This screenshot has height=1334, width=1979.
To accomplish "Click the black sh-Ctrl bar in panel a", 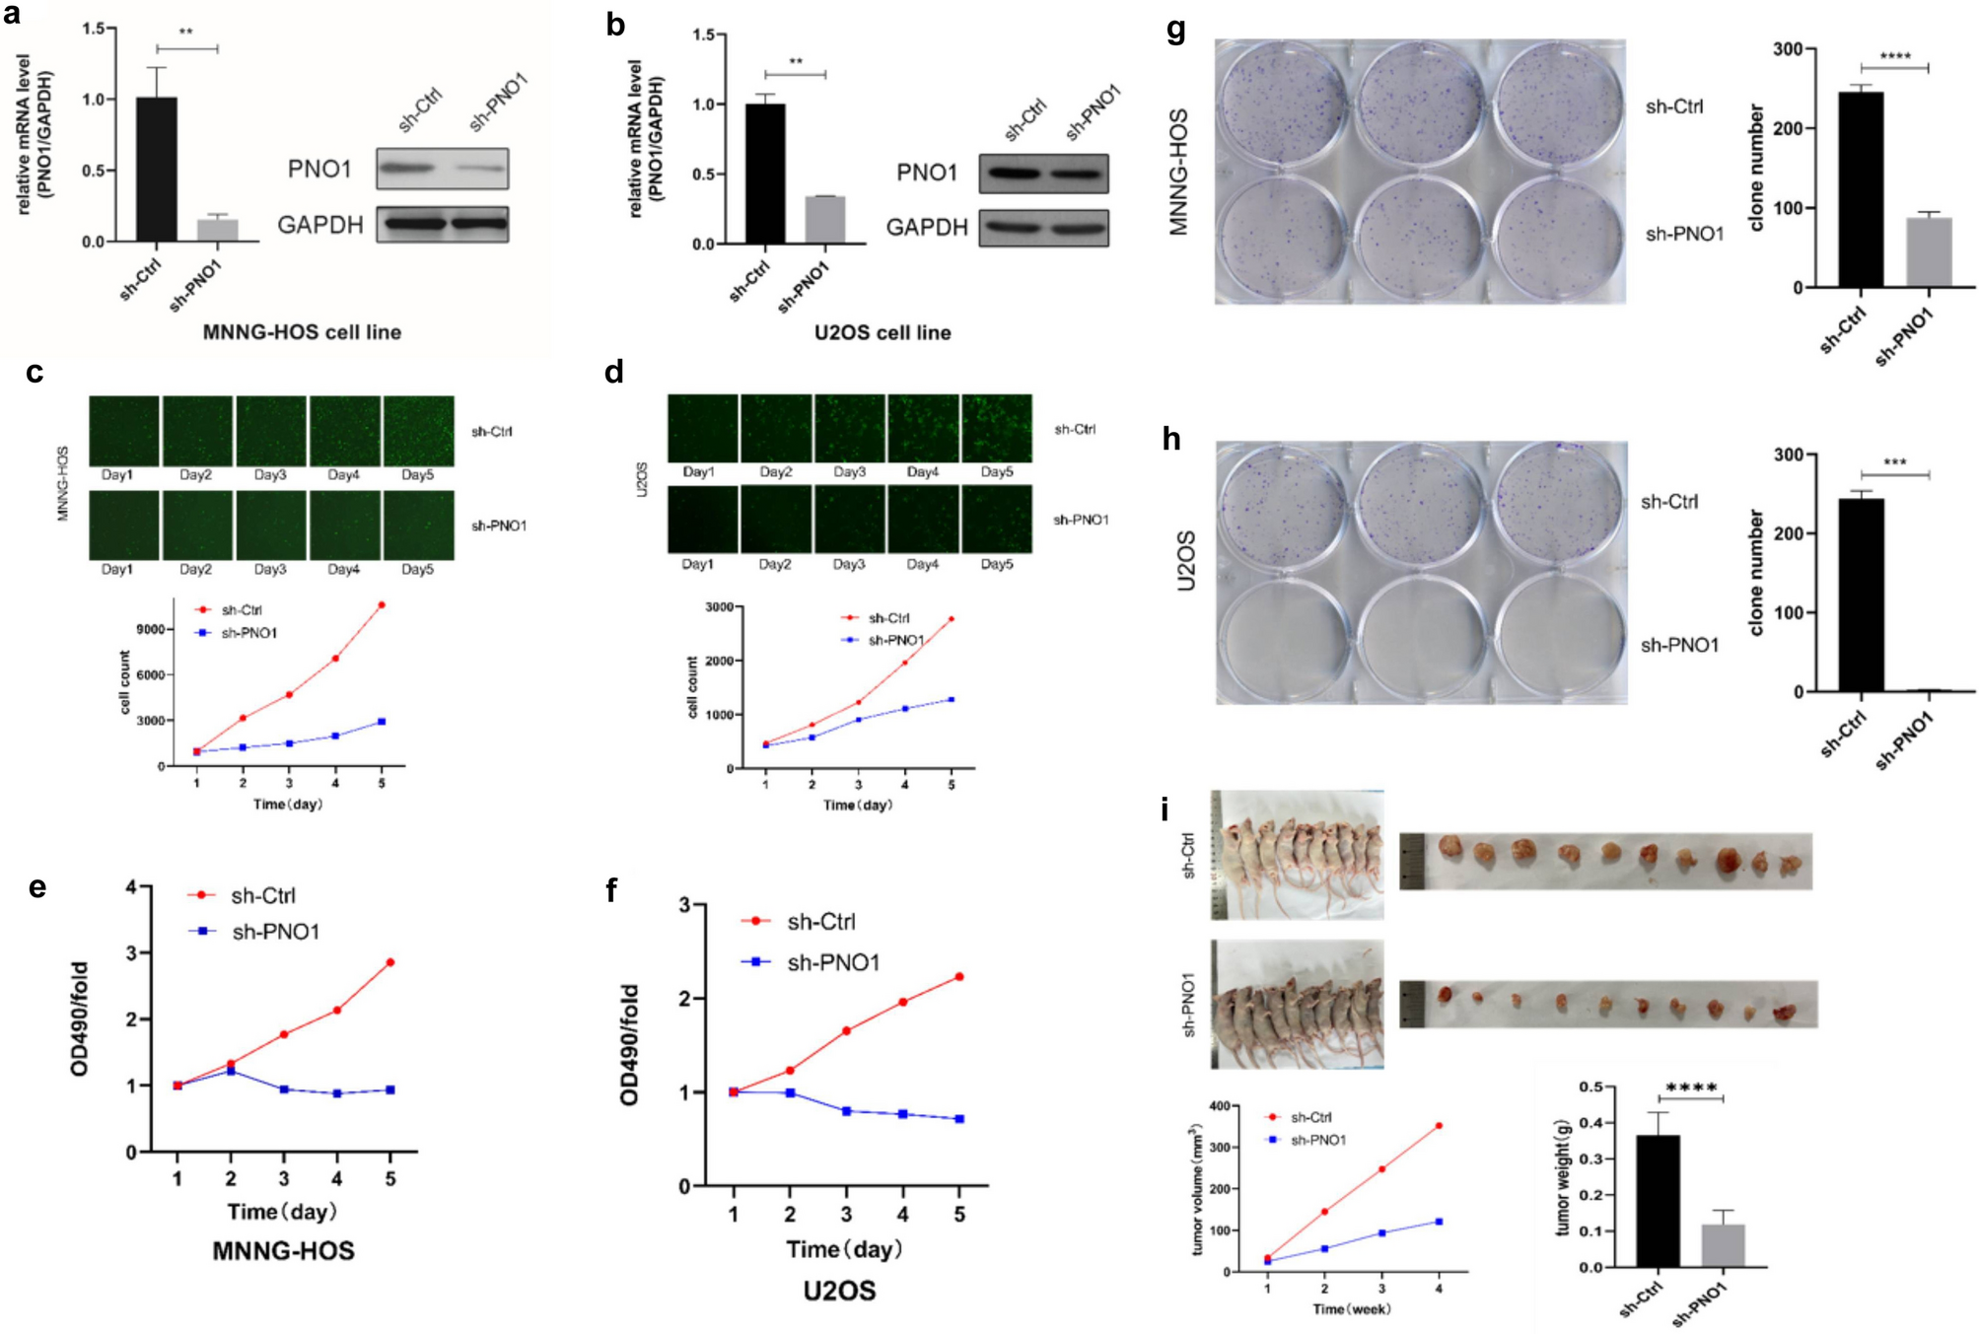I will tap(157, 170).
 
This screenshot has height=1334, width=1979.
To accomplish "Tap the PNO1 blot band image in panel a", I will tap(442, 169).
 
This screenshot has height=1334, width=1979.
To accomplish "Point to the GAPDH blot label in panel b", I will tap(926, 228).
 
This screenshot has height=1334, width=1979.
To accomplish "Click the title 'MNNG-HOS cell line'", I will tap(302, 332).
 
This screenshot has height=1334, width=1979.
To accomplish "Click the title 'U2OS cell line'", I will tap(882, 332).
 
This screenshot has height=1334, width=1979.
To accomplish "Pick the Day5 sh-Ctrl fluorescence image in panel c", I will tap(419, 431).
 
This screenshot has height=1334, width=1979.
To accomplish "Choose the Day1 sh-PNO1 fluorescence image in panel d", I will tap(702, 520).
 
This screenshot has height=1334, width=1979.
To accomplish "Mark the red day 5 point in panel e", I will tap(390, 962).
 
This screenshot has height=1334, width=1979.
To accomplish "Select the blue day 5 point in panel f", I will tap(959, 1119).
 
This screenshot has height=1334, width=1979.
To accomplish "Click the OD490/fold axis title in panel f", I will tap(629, 1045).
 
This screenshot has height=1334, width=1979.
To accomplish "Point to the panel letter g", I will tap(1175, 30).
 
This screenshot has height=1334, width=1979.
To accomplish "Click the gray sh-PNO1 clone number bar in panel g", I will tap(1928, 252).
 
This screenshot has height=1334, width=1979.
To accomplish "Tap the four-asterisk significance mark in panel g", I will tap(1894, 56).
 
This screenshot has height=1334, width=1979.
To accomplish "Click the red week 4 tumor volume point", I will tap(1439, 1125).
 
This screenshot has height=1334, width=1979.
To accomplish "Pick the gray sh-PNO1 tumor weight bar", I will tap(1723, 1245).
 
